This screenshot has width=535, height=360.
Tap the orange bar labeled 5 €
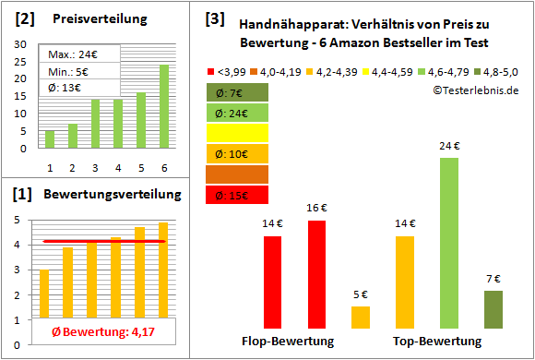pos(361,318)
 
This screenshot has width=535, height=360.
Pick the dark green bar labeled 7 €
pos(493,309)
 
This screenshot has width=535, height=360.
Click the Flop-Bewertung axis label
pos(288,341)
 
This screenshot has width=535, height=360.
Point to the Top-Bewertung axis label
pos(436,341)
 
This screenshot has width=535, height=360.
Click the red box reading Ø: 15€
pos(238,195)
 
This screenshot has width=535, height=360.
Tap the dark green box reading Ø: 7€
pos(238,92)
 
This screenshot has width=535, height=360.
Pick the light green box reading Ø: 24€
pos(238,113)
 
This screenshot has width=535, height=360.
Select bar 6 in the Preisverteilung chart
pos(163,106)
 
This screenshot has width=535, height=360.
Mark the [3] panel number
pos(214,18)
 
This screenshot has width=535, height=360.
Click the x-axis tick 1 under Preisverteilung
pos(50,167)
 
